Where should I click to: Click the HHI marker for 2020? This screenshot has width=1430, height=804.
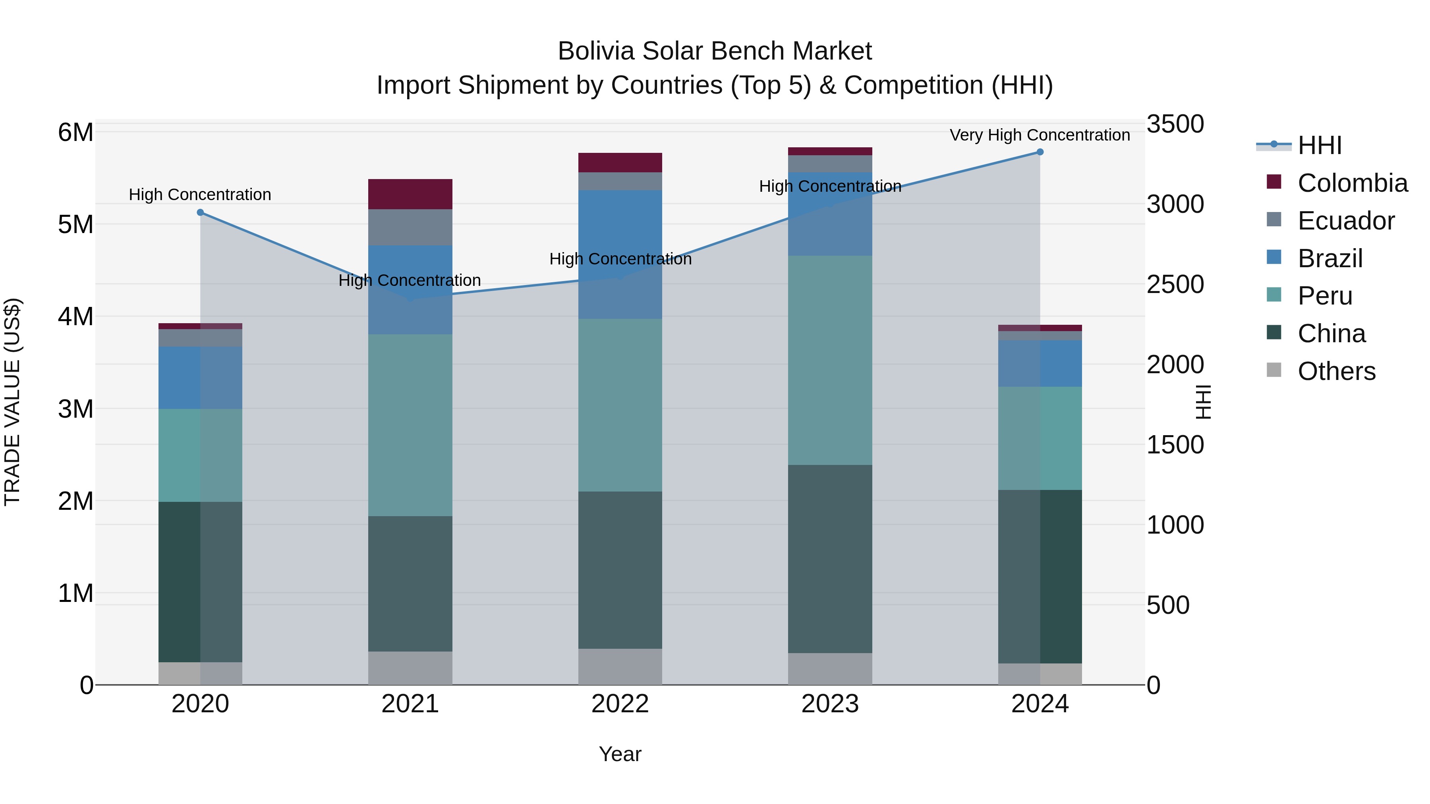click(x=201, y=212)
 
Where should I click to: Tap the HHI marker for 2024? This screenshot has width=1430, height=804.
click(x=1040, y=152)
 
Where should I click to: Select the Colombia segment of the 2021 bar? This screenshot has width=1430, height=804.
click(x=410, y=194)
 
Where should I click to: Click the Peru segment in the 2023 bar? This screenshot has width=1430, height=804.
click(x=830, y=360)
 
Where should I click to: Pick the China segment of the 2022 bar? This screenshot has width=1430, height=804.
click(x=620, y=570)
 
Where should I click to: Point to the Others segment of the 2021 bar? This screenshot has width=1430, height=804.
click(x=410, y=668)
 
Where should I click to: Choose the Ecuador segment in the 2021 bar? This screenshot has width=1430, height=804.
click(x=410, y=228)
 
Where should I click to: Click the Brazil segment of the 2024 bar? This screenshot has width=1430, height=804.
click(x=1040, y=363)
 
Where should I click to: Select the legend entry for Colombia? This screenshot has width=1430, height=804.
click(x=1352, y=183)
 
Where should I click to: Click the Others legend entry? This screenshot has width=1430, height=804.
click(x=1336, y=371)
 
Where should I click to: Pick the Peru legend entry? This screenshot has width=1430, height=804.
click(x=1324, y=296)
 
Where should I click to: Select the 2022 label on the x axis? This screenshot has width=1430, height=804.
click(x=620, y=704)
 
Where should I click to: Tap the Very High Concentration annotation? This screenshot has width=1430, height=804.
click(x=1040, y=135)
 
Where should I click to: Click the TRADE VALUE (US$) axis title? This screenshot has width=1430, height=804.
click(x=13, y=402)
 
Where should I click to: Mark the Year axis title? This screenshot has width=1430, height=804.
click(x=620, y=754)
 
